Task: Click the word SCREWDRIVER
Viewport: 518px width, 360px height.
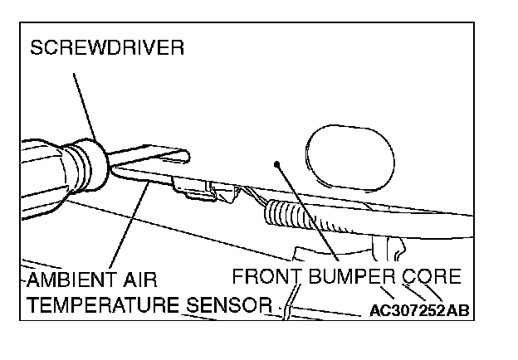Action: [107, 49]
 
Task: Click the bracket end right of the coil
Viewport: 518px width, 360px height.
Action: [390, 246]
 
